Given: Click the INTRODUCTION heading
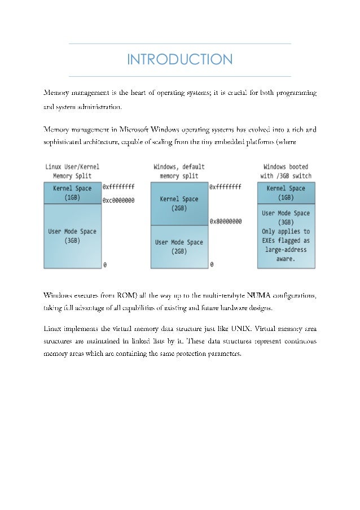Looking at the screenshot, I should [x=179, y=60].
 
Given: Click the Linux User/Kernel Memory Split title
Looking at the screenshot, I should [x=72, y=172].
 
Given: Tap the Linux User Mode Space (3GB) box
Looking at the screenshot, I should [x=72, y=236].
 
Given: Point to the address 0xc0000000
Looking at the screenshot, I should [x=118, y=200].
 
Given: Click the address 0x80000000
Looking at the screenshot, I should [x=226, y=221].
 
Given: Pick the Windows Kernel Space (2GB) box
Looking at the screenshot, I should [x=179, y=203].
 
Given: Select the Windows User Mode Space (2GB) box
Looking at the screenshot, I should [x=179, y=247].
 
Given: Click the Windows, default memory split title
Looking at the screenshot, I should [x=179, y=172].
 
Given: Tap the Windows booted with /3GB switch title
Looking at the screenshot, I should [x=286, y=172].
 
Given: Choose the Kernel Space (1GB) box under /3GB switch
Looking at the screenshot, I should [x=286, y=193].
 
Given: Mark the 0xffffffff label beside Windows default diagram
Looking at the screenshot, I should [x=226, y=186].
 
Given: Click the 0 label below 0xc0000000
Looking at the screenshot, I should [x=104, y=264].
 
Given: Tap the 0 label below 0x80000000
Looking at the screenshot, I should [x=212, y=264].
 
